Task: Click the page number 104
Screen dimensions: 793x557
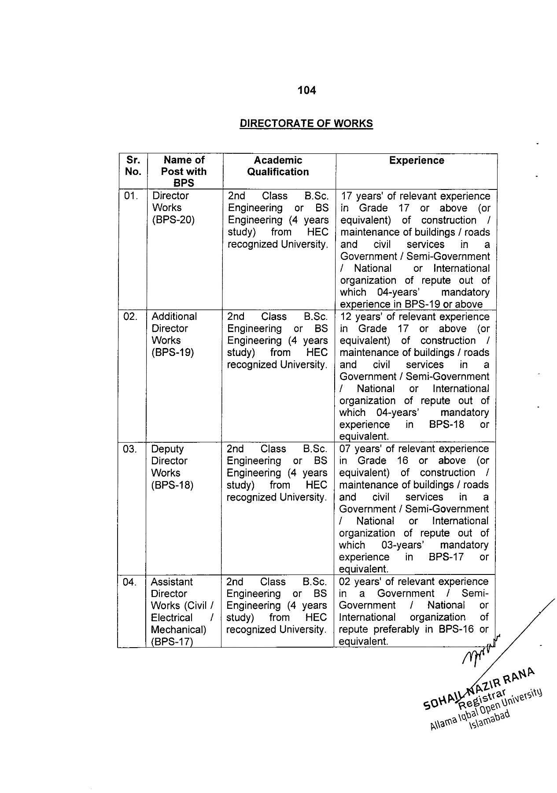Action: [306, 90]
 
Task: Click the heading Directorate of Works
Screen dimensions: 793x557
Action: [306, 123]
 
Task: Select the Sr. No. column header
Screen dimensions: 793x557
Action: [133, 166]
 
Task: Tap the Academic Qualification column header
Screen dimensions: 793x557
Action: [278, 166]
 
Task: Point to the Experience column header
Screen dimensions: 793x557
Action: [417, 160]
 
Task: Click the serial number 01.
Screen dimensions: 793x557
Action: [131, 196]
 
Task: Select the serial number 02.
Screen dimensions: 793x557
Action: [130, 316]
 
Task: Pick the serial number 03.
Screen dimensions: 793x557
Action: [130, 449]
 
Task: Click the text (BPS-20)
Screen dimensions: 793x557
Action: [173, 220]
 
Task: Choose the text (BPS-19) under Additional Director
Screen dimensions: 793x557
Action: [173, 352]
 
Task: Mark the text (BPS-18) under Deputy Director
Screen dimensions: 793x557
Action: [172, 485]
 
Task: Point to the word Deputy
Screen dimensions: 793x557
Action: [167, 449]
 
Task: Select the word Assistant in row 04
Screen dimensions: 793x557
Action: [172, 582]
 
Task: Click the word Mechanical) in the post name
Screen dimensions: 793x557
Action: [178, 630]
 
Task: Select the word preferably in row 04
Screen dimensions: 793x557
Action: [393, 629]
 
